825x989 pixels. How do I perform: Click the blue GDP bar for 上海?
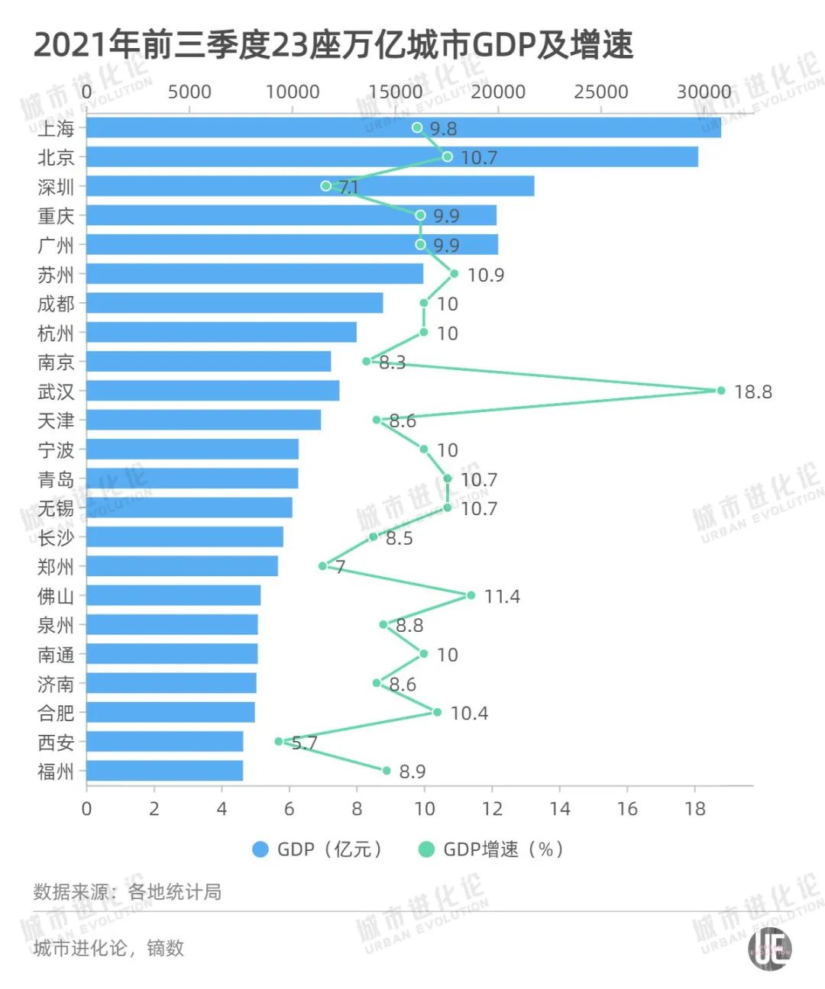click(403, 127)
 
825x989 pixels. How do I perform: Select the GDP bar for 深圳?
click(309, 186)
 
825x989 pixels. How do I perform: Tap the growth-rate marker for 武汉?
click(720, 391)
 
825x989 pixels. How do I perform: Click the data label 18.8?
click(753, 392)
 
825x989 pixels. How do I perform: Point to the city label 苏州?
click(56, 275)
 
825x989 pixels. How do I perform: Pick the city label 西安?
click(56, 743)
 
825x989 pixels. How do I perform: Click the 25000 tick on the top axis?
click(601, 92)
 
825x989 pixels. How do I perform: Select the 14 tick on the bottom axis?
click(559, 809)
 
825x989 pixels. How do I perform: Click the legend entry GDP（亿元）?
click(318, 849)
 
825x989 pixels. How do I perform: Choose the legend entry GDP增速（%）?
click(492, 849)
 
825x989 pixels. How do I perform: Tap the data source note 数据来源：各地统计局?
click(128, 891)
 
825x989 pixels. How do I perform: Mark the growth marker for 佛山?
click(471, 595)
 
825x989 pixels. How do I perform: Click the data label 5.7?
click(304, 743)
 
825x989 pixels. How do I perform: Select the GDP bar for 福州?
click(164, 771)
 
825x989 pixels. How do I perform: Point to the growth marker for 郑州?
click(322, 566)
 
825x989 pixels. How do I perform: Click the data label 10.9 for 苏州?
click(486, 275)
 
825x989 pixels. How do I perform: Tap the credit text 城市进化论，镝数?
click(109, 949)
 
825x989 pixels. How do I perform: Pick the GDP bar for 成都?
click(235, 303)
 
